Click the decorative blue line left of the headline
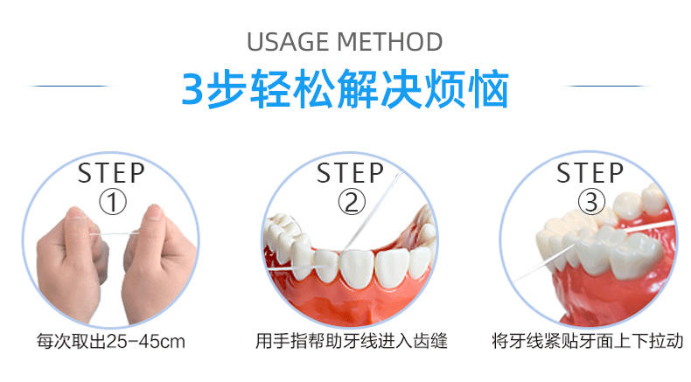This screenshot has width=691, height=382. (70, 87)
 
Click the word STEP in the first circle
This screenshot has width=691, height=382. (111, 172)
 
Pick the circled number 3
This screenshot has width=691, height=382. (591, 203)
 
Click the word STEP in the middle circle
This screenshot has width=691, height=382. (351, 172)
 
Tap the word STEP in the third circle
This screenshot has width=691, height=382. (591, 172)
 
